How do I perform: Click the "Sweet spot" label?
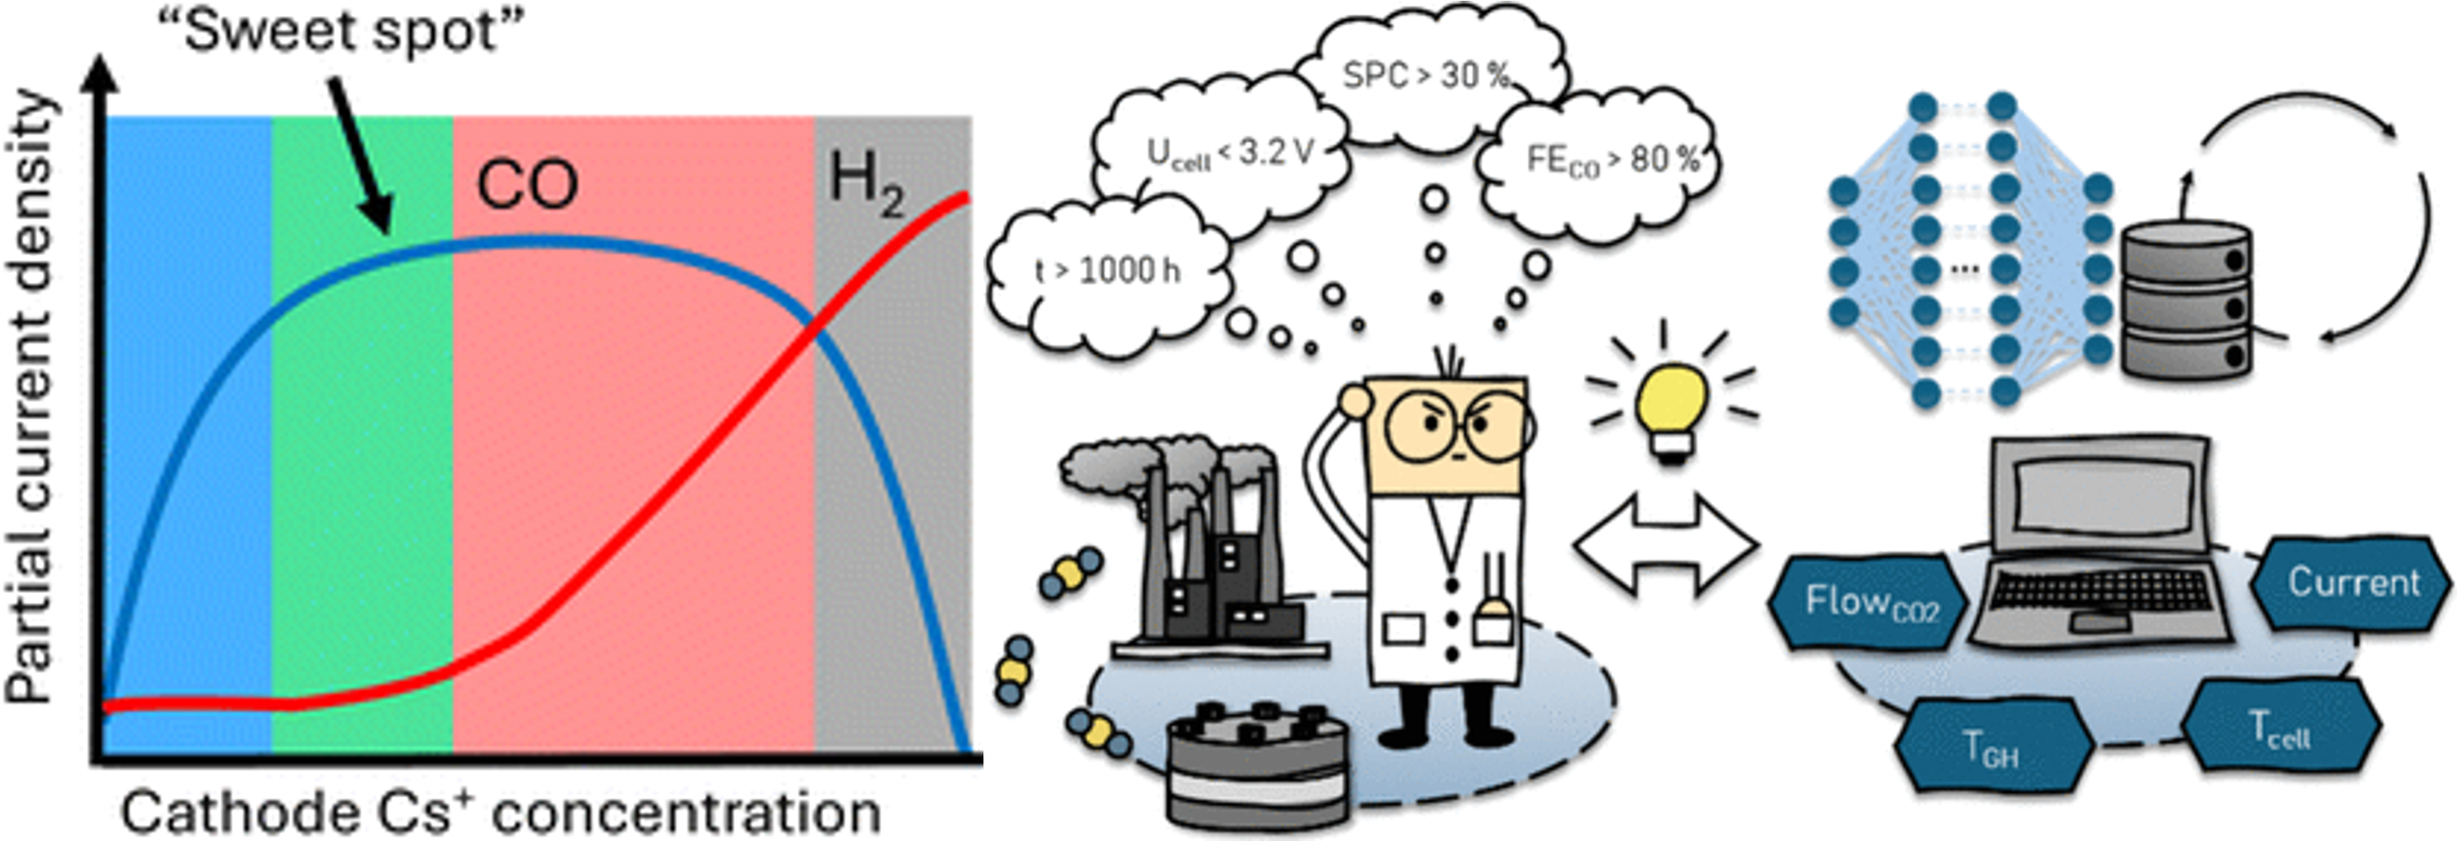340,31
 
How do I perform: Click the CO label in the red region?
527,185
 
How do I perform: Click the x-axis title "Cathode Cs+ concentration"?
501,813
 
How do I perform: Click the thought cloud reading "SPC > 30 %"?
1428,71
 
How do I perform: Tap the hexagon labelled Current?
2353,582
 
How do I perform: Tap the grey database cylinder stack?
2184,301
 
